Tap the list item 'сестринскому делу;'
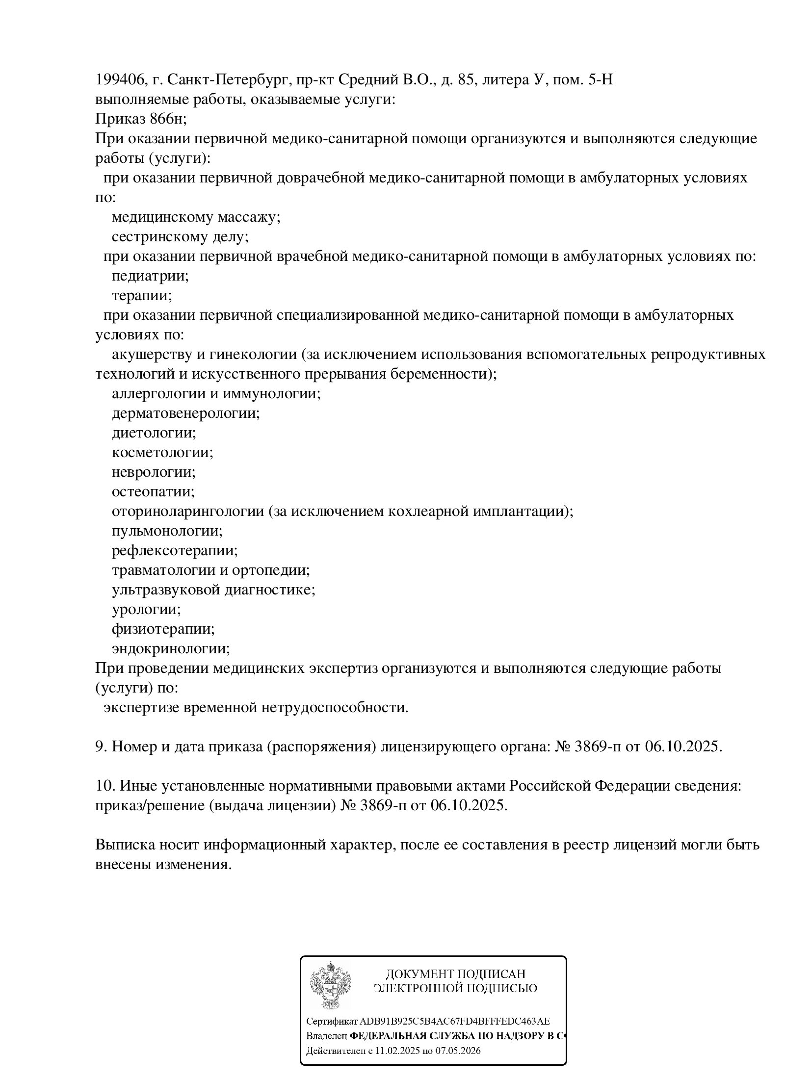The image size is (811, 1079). click(x=180, y=236)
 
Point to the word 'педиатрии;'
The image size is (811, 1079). click(x=150, y=276)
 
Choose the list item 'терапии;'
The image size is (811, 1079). click(x=142, y=295)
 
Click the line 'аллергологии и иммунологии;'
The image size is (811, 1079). click(x=216, y=393)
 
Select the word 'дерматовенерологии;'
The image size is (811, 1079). click(x=185, y=413)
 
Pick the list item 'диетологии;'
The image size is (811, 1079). click(x=154, y=433)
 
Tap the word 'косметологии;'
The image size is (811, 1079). click(x=162, y=452)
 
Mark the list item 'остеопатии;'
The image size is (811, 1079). click(x=153, y=491)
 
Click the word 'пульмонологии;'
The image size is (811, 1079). click(x=167, y=531)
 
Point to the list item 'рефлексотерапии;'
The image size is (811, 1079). click(x=175, y=550)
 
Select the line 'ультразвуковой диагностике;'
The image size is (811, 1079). click(x=213, y=590)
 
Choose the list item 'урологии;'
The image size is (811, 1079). click(x=146, y=609)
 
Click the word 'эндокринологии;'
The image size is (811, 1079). click(x=171, y=648)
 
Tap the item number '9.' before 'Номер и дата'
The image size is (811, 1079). click(x=101, y=746)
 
